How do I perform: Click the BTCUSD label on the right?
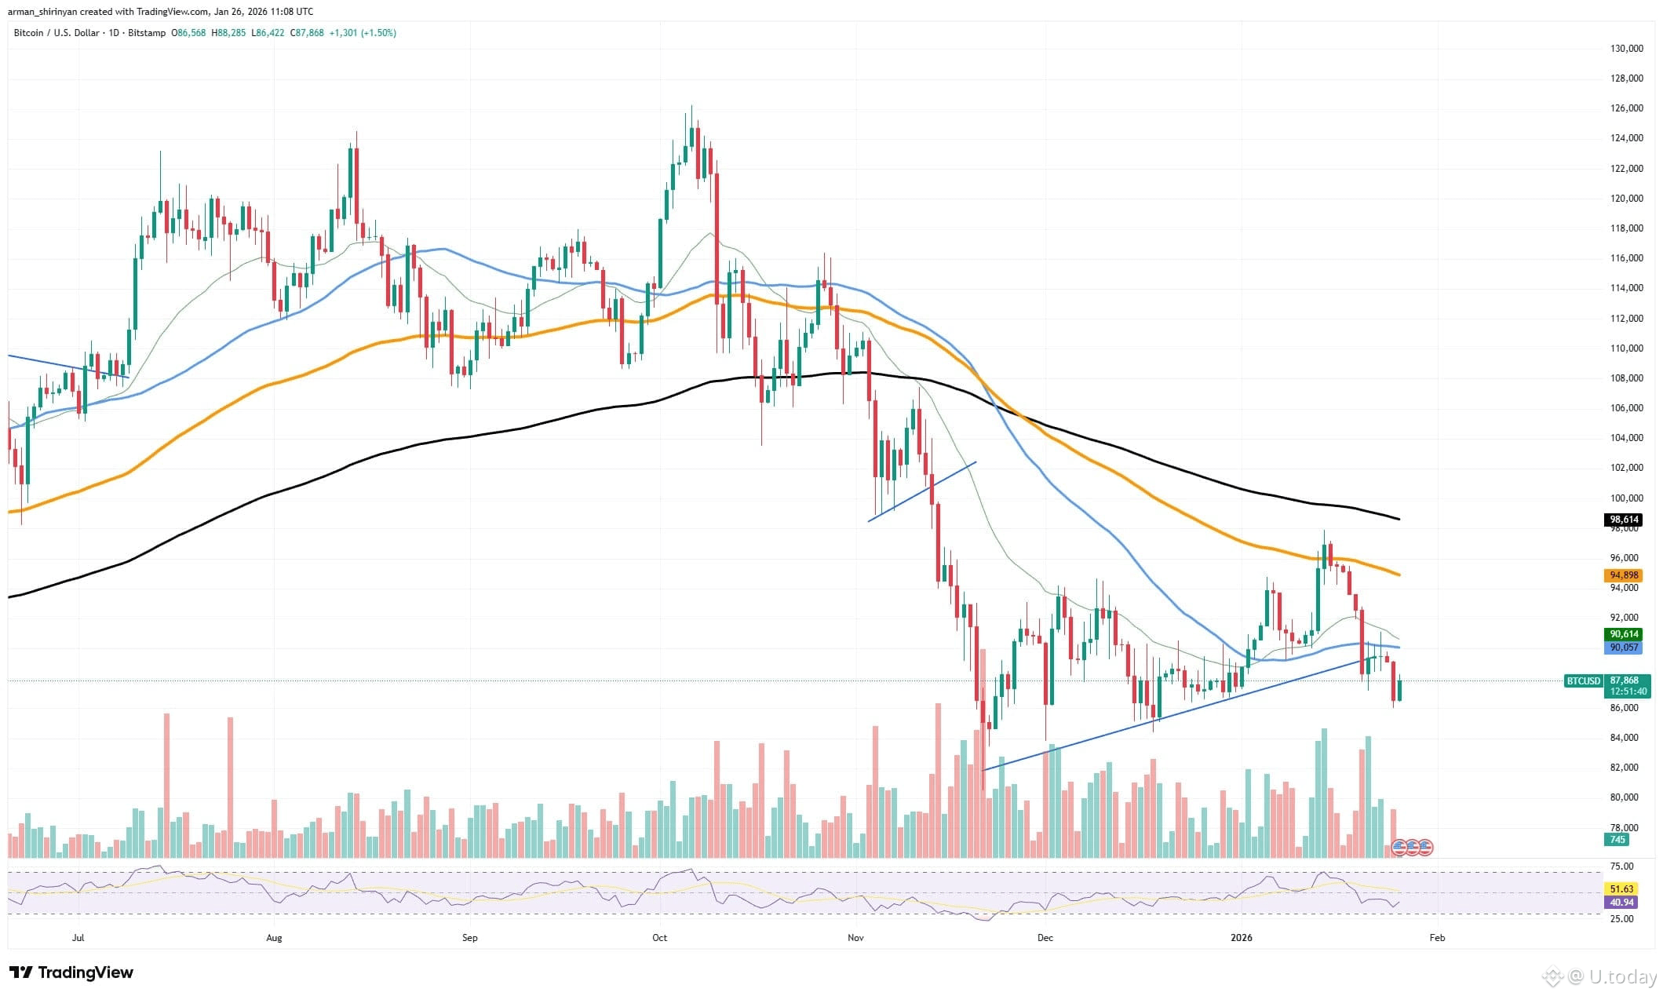coord(1583,680)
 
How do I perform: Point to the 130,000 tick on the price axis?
coord(1621,49)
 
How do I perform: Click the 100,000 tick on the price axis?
coord(1621,498)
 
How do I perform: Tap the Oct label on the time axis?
coord(659,937)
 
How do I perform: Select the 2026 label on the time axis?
coord(1242,937)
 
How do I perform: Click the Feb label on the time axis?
coord(1437,937)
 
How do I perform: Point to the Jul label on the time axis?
coord(78,937)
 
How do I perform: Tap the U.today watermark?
coord(1602,976)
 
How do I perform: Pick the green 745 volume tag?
coord(1617,840)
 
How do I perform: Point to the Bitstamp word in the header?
coord(148,33)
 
